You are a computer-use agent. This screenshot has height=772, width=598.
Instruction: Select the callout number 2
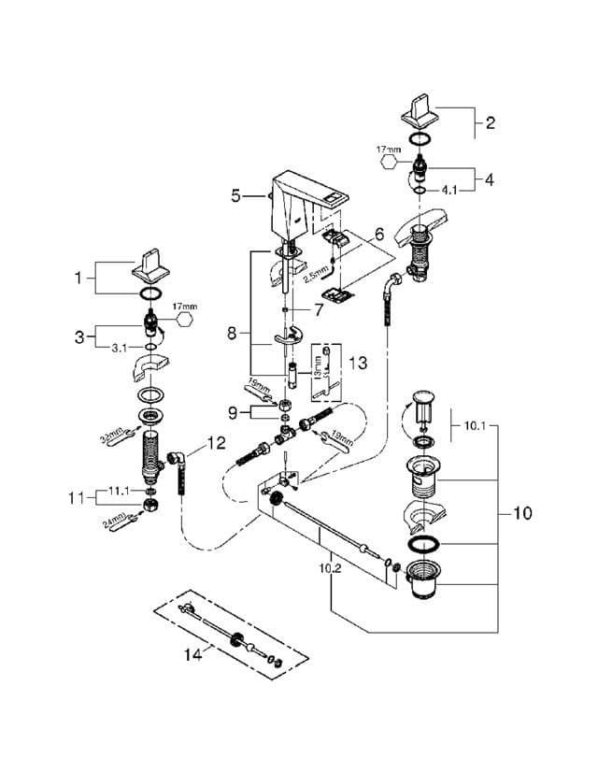[490, 122]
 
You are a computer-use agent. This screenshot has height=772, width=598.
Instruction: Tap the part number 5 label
[236, 195]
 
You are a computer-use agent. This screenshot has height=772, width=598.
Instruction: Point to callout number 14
[192, 655]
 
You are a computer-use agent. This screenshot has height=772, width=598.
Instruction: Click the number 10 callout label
[524, 513]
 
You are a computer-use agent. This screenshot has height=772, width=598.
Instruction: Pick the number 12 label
[216, 442]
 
